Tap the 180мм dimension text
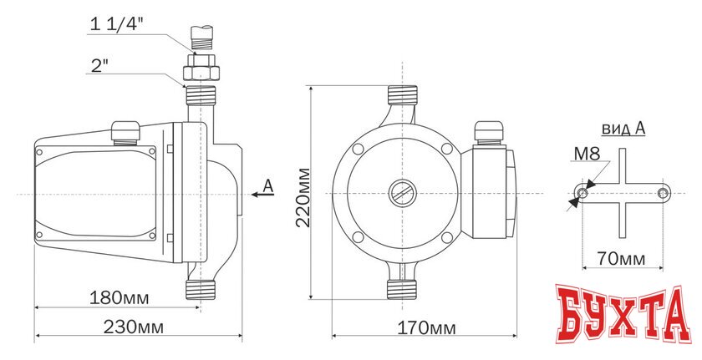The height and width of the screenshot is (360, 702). (x=119, y=297)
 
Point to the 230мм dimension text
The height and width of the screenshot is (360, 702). (x=134, y=327)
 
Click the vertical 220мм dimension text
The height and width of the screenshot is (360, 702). (x=303, y=197)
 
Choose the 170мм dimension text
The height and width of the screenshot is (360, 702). (x=426, y=329)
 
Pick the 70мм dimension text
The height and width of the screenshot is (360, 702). (x=622, y=259)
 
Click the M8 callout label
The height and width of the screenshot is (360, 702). (x=587, y=155)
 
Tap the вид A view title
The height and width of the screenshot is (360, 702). (x=623, y=129)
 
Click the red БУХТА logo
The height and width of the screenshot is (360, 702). (x=623, y=314)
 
